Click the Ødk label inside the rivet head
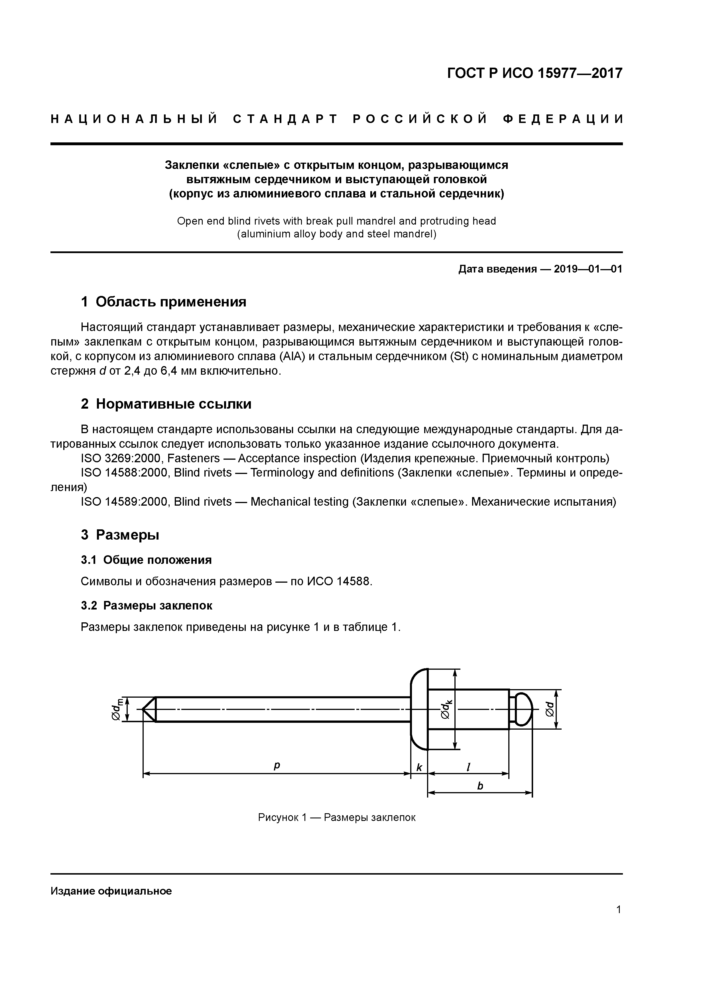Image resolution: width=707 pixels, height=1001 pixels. (x=446, y=709)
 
